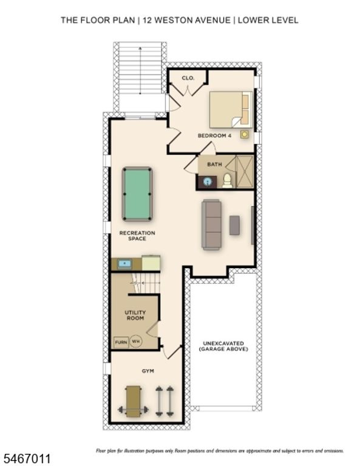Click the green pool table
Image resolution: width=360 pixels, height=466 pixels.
(137, 194)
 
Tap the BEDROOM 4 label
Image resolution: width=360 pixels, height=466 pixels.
(214, 135)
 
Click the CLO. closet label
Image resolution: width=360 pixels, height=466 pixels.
(188, 78)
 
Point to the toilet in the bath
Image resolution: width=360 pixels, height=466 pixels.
(228, 181)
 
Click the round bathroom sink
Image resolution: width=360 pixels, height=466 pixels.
(208, 181)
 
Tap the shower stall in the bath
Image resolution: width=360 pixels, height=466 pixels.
(245, 172)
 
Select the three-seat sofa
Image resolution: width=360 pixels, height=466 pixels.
(211, 225)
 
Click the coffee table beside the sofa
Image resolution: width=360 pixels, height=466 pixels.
(234, 225)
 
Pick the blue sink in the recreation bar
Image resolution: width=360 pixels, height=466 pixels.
(124, 263)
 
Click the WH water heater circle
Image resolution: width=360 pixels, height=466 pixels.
(136, 342)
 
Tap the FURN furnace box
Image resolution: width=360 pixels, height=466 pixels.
(121, 342)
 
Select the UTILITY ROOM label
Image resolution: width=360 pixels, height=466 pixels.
(135, 315)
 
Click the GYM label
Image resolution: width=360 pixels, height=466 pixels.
(148, 371)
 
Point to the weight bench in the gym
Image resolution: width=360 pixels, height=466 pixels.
(133, 401)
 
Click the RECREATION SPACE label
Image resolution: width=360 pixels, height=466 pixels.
(137, 235)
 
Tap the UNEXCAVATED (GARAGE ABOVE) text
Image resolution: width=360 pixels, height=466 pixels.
(223, 346)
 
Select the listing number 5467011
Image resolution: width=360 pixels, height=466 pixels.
(25, 459)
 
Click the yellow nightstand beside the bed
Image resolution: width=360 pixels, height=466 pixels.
(245, 135)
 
